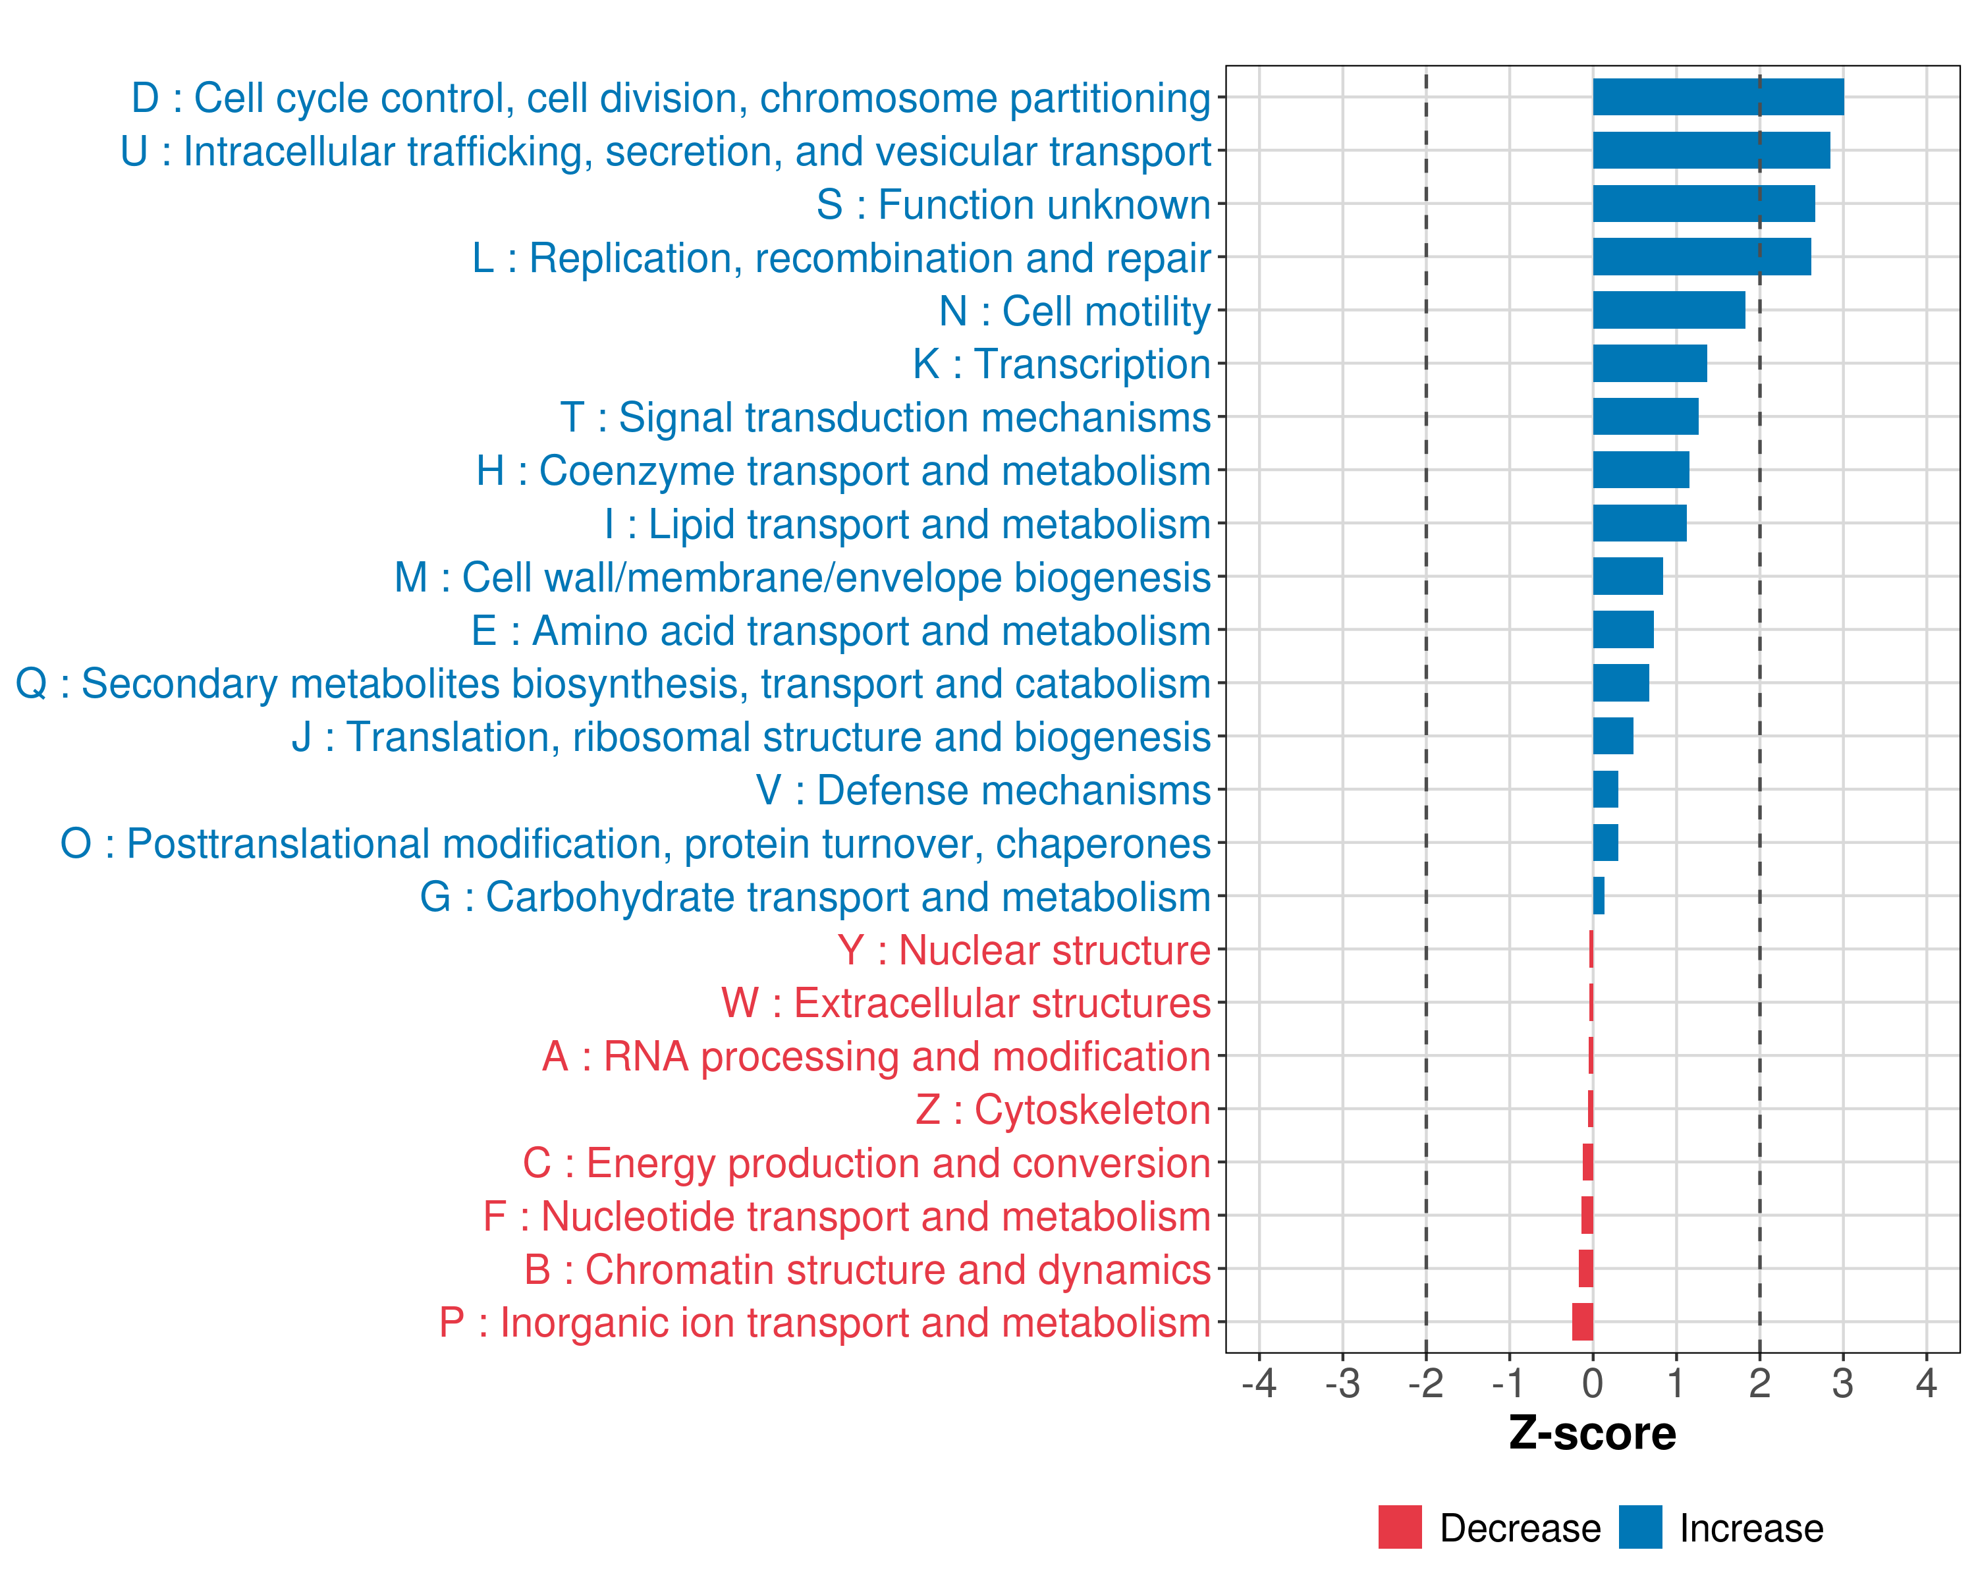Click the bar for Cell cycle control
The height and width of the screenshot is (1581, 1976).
[x=1718, y=97]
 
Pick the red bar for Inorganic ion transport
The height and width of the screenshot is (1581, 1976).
[x=1583, y=1321]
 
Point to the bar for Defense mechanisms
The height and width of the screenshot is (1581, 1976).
[x=1606, y=789]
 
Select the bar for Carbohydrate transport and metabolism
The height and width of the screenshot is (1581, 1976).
[x=1599, y=895]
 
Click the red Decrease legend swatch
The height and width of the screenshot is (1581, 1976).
[x=1400, y=1527]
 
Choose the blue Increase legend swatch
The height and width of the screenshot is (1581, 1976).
[x=1639, y=1527]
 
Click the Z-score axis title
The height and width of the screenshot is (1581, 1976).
[x=1592, y=1433]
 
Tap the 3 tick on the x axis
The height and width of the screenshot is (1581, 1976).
[x=1842, y=1383]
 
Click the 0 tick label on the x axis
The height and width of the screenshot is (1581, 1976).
[x=1592, y=1383]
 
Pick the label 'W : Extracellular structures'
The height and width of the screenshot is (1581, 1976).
[x=966, y=1003]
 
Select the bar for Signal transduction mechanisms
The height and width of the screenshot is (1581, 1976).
[x=1645, y=416]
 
